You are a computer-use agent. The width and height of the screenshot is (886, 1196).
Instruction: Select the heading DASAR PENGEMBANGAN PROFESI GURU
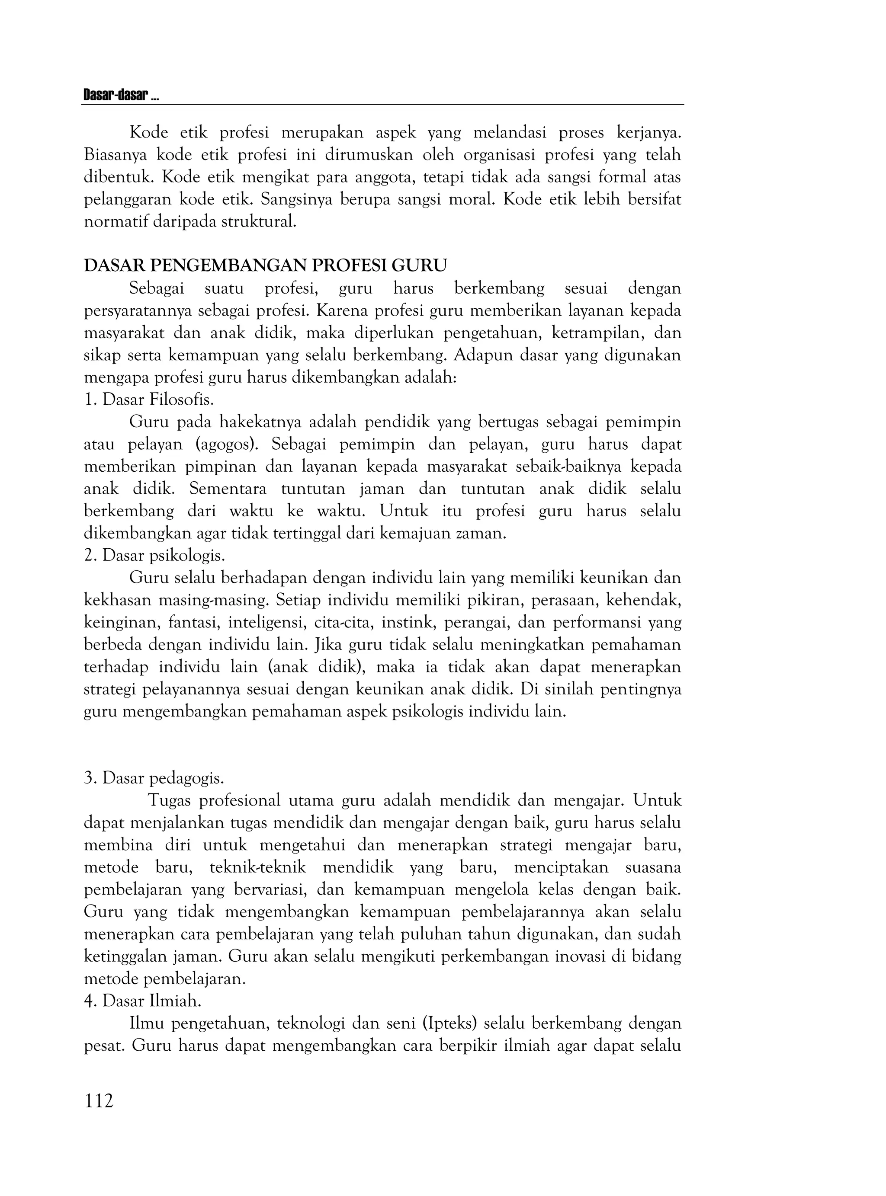pyautogui.click(x=266, y=266)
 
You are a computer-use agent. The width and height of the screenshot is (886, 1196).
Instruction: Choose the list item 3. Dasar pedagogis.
pyautogui.click(x=154, y=778)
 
